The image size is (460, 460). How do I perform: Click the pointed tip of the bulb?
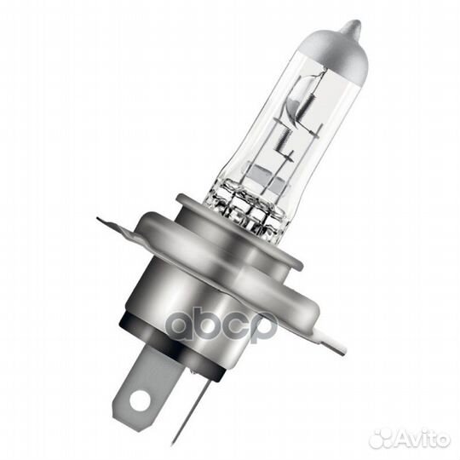coord(351,26)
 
